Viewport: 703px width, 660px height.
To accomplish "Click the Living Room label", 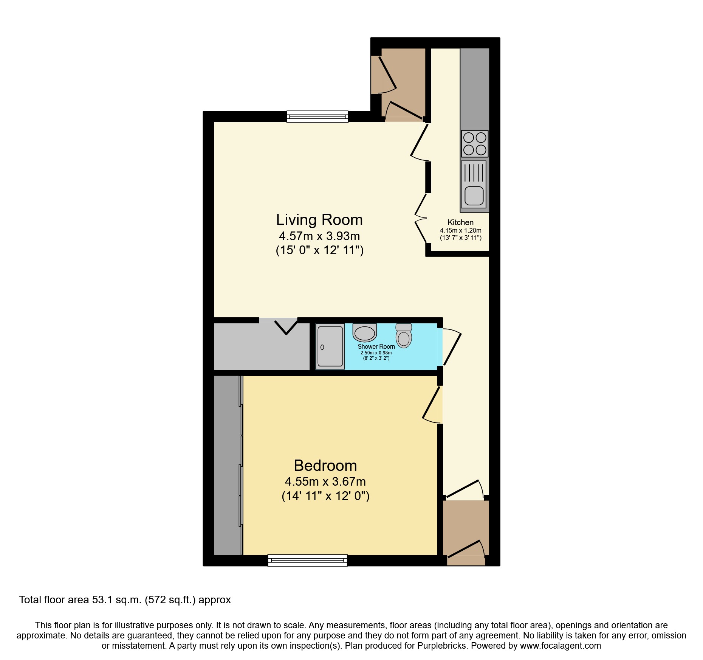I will [319, 220].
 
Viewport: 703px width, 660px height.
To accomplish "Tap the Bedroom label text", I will [325, 466].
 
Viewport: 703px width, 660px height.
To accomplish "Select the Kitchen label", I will [460, 222].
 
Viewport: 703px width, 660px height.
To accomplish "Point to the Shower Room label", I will [376, 346].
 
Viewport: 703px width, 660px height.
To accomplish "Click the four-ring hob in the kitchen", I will [475, 144].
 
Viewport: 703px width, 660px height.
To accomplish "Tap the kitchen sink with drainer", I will [474, 184].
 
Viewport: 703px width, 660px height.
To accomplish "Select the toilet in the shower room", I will [404, 335].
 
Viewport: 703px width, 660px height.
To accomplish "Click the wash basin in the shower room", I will [365, 332].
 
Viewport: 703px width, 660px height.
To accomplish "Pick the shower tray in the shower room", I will [330, 346].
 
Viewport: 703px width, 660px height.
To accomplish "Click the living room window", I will [317, 116].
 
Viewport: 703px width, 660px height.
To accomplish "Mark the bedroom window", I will [307, 560].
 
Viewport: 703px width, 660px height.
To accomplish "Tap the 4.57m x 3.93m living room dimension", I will [319, 236].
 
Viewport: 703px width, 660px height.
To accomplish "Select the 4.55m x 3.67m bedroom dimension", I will [325, 482].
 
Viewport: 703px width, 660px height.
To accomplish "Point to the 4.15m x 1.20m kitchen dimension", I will [460, 230].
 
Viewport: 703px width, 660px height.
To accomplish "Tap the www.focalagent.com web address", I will [561, 646].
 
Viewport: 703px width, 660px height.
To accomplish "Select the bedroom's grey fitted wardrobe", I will [227, 465].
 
